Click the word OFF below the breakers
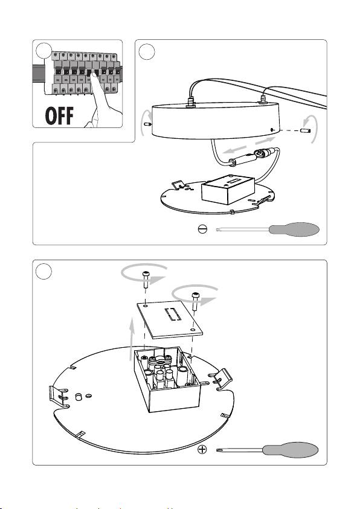tap(59, 115)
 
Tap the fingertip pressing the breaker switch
tap(93, 75)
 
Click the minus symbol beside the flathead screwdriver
tap(202, 229)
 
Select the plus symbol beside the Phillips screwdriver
tap(202, 450)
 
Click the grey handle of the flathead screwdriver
tap(294, 229)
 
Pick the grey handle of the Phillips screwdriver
tap(291, 450)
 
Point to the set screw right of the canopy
tap(305, 131)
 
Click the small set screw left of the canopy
tap(148, 124)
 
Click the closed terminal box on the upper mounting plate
tap(228, 190)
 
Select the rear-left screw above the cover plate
tap(146, 278)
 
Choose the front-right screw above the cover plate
tap(195, 300)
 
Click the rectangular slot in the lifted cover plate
tap(173, 314)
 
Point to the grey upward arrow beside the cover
tap(132, 339)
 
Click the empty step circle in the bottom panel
tap(43, 271)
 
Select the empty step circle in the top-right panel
tap(146, 51)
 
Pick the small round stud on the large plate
tap(79, 397)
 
